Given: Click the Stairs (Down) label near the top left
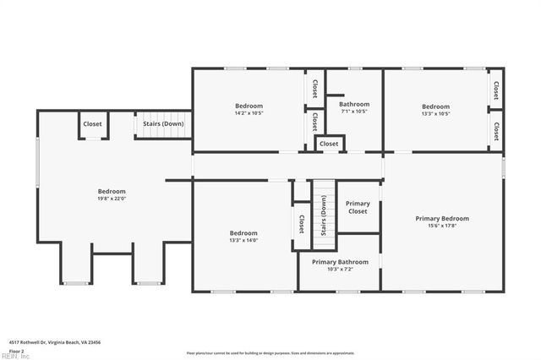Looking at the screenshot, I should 163,124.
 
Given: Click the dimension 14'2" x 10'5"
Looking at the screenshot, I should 249,113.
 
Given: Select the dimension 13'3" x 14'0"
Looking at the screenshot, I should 243,240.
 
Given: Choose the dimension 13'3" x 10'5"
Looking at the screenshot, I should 435,113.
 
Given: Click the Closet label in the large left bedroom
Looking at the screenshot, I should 92,124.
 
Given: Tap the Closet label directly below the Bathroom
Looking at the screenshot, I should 329,144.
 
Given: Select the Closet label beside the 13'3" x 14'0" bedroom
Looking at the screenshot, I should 302,224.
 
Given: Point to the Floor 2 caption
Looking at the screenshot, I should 17,350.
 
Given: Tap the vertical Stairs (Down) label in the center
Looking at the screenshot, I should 323,215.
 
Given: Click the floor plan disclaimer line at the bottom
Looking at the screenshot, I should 270,352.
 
